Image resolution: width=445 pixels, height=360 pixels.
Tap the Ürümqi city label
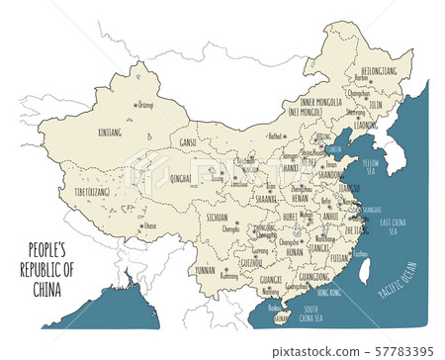coord(145,103)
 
